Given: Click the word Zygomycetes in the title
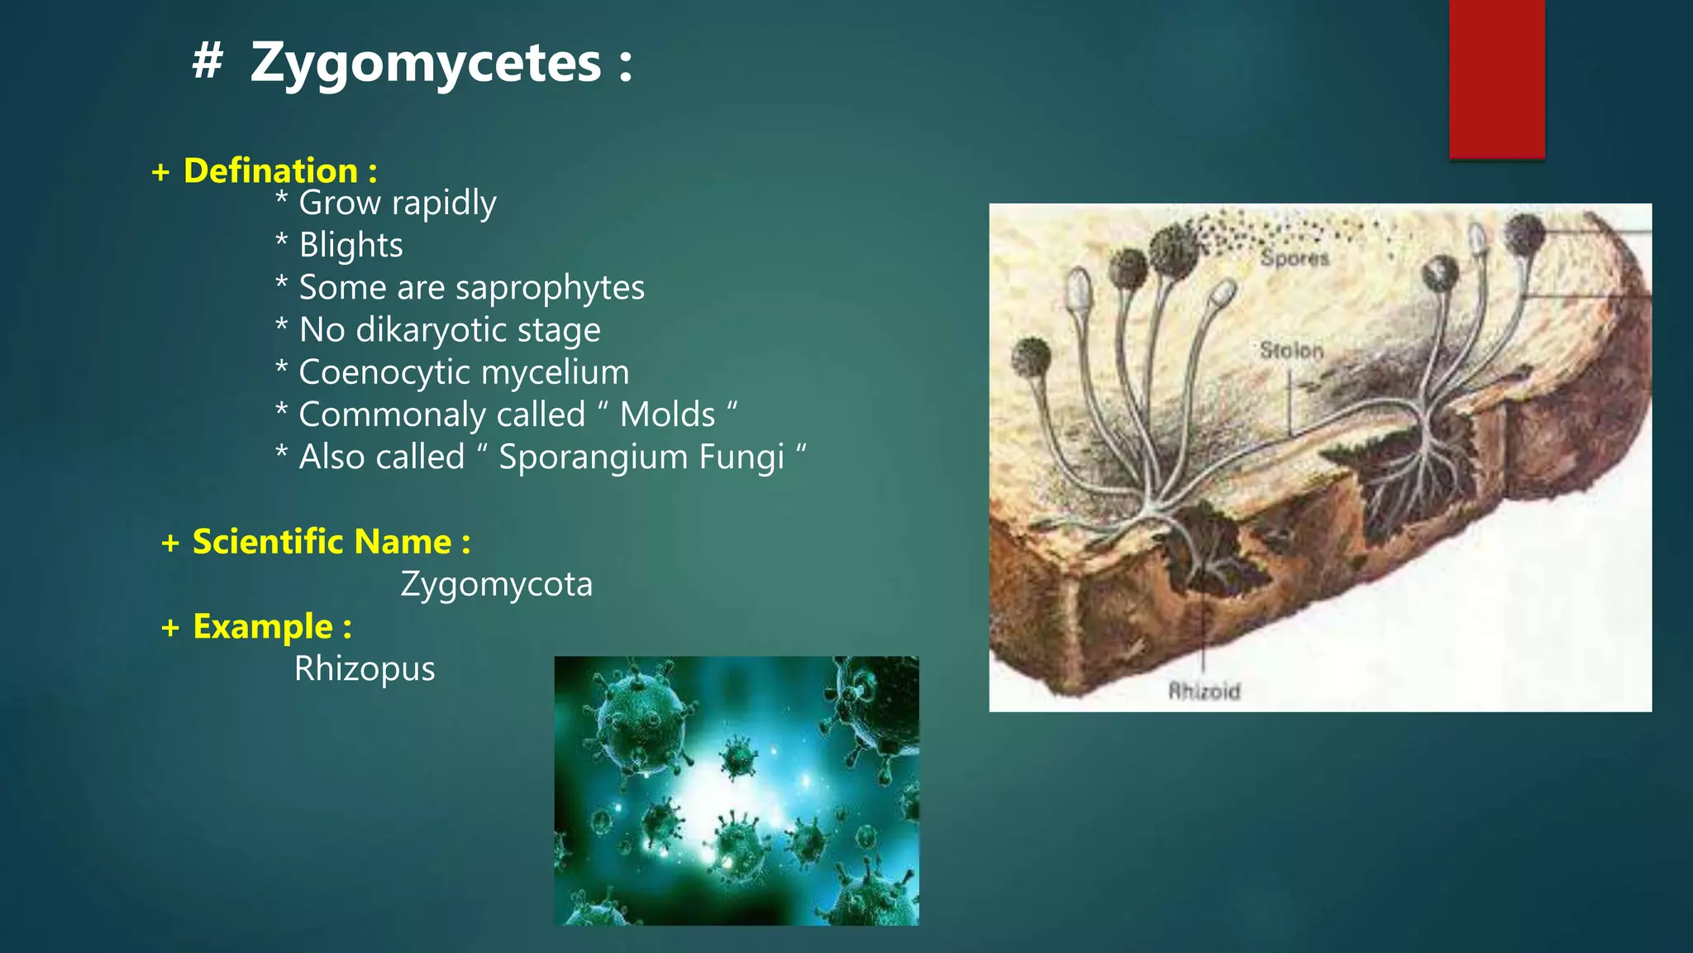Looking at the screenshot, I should point(426,65).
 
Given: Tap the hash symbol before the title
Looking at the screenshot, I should point(207,61).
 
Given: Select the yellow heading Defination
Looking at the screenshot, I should point(271,171).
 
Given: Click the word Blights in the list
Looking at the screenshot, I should point(351,246).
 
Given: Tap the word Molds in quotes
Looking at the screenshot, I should point(667,414).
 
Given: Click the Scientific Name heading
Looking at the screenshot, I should point(323,542).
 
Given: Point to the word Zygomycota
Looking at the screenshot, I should point(496,585).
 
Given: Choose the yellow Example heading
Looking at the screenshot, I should point(263,627).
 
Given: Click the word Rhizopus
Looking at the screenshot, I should point(365,669).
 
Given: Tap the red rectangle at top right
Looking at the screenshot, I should point(1496,79).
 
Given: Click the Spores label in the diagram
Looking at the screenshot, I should point(1295,258).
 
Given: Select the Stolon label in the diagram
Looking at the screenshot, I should point(1291,351).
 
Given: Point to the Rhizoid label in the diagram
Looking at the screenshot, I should point(1204,691).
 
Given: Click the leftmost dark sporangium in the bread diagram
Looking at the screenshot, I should point(1031,357).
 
